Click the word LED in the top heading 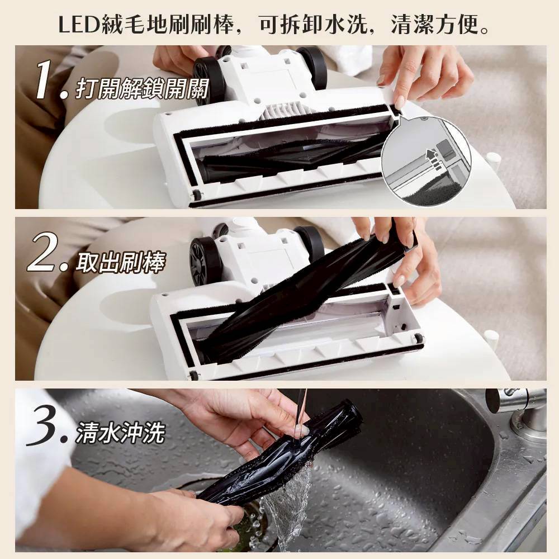pyautogui.click(x=78, y=25)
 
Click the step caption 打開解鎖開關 pyautogui.click(x=142, y=88)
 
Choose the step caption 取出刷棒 pyautogui.click(x=120, y=263)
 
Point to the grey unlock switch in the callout pyautogui.click(x=446, y=149)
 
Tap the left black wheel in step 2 pyautogui.click(x=205, y=260)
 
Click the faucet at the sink pyautogui.click(x=519, y=410)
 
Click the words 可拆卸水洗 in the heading pyautogui.click(x=308, y=25)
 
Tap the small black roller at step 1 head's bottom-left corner pyautogui.click(x=196, y=195)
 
